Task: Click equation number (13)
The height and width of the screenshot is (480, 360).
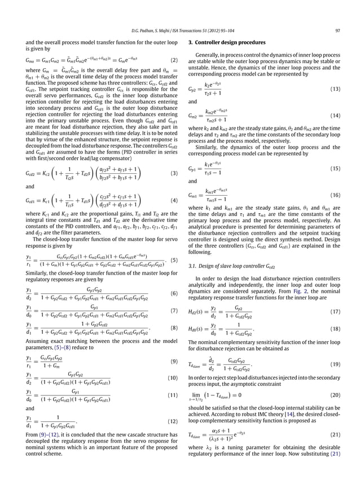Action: [335, 89]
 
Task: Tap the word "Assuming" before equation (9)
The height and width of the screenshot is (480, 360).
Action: [38, 342]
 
